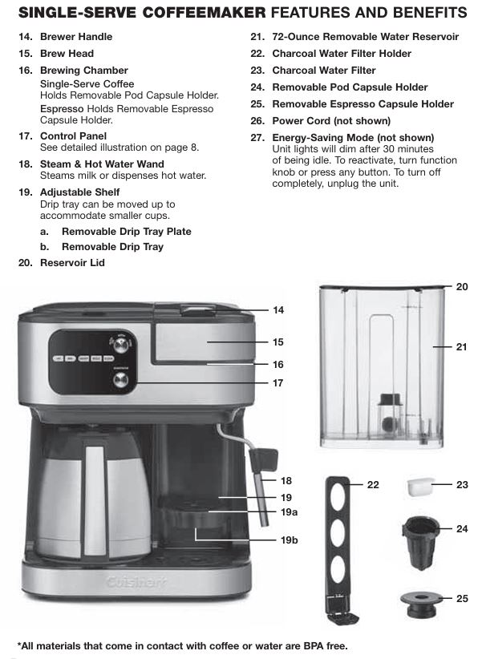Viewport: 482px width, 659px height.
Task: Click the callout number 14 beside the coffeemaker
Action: click(278, 309)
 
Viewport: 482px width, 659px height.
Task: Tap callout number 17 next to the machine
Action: click(278, 382)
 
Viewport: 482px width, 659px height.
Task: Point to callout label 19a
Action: click(289, 511)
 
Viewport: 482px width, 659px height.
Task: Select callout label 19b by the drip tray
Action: click(289, 540)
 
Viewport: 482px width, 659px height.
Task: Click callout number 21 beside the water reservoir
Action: click(461, 347)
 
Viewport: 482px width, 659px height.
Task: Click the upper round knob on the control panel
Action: click(121, 345)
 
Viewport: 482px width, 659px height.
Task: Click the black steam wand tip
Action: click(260, 462)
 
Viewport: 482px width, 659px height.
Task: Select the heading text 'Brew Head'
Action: click(67, 54)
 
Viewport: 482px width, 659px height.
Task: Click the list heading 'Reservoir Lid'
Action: click(72, 262)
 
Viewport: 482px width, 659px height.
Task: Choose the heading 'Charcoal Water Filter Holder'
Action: click(342, 54)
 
